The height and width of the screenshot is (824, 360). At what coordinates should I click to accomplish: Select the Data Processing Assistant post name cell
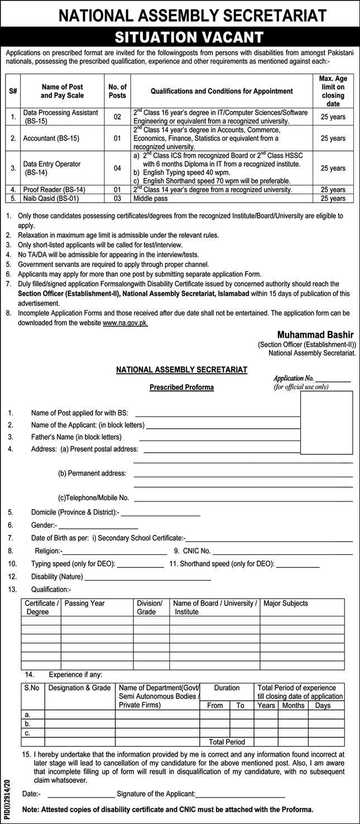tap(60, 116)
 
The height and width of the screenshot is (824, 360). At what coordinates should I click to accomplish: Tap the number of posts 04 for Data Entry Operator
tap(117, 167)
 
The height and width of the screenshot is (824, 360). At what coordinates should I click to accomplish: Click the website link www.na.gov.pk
tap(125, 323)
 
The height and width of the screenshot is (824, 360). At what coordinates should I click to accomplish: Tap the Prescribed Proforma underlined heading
tap(181, 387)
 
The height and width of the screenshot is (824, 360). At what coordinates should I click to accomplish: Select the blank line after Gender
tap(98, 525)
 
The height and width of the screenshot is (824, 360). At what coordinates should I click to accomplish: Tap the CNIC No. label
tap(196, 551)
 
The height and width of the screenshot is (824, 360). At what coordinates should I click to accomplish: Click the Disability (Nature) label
tap(57, 577)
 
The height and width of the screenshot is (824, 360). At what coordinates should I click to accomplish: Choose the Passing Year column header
tap(85, 603)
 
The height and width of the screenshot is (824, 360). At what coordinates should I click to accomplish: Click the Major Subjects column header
tap(286, 603)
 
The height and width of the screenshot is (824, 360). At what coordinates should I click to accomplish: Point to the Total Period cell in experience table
tap(227, 742)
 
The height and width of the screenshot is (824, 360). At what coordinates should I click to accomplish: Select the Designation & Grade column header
tap(79, 688)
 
